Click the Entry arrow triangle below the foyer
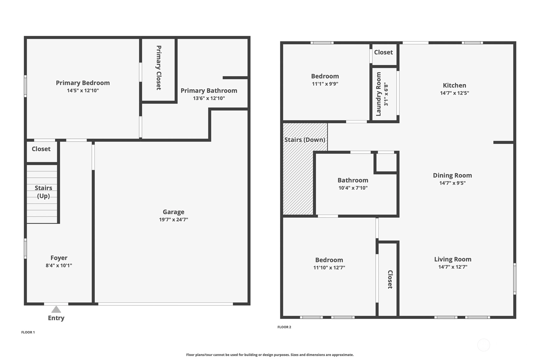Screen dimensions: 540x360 [56, 309]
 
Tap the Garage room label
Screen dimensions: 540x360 [173, 212]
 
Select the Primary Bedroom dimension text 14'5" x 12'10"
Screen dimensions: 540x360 [83, 91]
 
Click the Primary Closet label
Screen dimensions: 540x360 [158, 68]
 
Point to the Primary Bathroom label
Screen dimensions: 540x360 [209, 91]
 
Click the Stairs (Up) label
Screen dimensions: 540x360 [43, 192]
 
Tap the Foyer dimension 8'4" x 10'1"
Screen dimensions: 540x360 [59, 265]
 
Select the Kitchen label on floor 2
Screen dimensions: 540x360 [454, 85]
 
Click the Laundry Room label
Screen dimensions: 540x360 [378, 94]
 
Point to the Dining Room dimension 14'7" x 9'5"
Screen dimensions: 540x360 [452, 183]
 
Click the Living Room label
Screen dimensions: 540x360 [453, 259]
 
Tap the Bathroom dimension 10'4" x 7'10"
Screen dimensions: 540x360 [353, 188]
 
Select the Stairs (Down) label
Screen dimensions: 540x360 [305, 140]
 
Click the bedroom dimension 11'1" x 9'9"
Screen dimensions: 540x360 [325, 84]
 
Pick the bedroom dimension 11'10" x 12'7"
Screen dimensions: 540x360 [329, 268]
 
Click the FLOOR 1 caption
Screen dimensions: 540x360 [28, 332]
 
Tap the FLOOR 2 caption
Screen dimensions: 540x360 [284, 327]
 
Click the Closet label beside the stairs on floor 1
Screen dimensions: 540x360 [41, 149]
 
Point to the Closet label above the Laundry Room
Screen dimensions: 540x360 [383, 52]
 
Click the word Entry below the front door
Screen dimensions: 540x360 [56, 318]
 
